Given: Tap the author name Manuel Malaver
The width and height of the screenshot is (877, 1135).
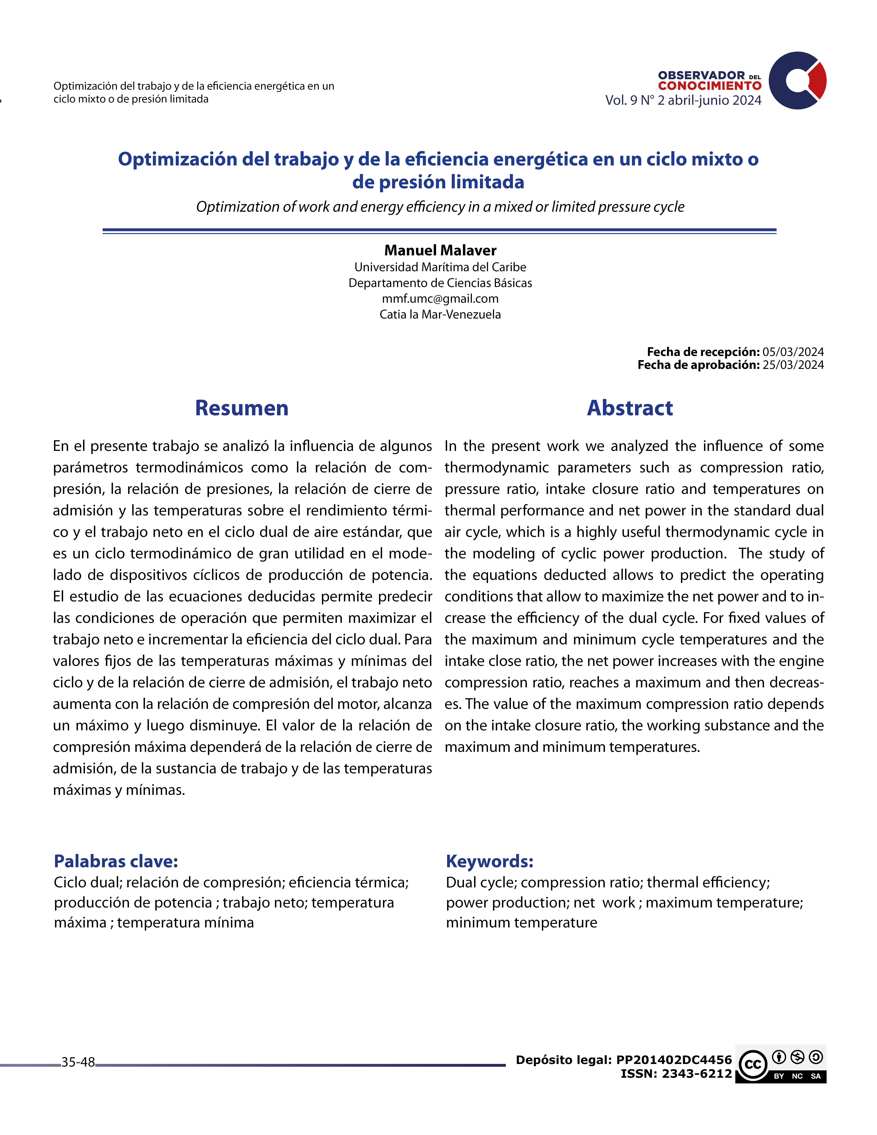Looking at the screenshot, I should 440,251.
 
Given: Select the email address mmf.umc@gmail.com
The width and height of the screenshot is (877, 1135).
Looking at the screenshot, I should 440,299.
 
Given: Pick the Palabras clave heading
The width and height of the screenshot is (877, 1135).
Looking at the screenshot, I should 116,861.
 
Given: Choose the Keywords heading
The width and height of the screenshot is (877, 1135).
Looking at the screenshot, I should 489,861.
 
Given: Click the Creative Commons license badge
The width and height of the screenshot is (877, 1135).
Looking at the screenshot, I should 781,1064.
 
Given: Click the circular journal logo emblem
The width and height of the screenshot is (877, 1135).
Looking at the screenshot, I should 797,80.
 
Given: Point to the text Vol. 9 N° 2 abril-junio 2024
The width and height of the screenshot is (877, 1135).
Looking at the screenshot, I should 683,100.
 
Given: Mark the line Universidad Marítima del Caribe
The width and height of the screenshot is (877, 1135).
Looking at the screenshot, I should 440,267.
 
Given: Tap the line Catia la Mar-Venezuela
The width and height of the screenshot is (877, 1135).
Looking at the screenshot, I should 440,314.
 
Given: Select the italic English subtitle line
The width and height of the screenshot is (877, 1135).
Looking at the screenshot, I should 440,207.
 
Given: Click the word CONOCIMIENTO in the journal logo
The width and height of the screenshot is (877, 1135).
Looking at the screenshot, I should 710,86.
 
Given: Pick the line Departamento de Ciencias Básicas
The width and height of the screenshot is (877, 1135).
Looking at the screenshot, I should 440,283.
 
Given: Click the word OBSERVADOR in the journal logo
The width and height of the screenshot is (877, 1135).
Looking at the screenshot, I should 701,75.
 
